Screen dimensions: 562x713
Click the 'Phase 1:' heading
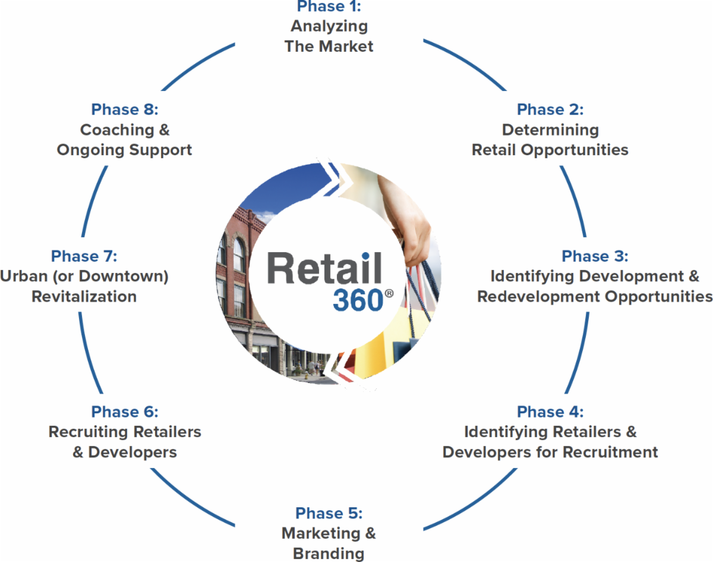coord(329,7)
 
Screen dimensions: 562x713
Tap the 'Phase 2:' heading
coord(550,109)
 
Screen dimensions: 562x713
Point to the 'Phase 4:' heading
coord(550,412)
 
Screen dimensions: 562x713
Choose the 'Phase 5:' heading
coord(329,513)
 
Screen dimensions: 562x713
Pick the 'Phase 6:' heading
coord(125,412)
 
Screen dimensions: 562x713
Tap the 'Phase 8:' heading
coord(125,109)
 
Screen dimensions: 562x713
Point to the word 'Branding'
coord(329,553)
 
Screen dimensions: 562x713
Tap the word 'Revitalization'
coord(84,296)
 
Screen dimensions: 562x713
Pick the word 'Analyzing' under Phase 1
coord(329,26)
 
